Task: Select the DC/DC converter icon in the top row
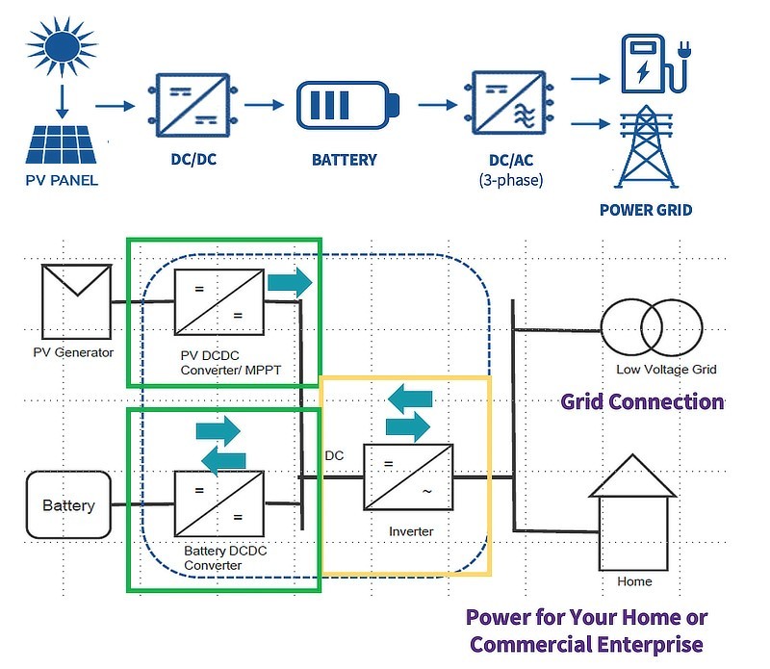point(187,105)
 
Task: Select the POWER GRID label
point(645,210)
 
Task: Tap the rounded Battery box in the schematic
point(68,505)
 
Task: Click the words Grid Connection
point(642,401)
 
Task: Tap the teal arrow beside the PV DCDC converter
point(289,283)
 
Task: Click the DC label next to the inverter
point(334,454)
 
